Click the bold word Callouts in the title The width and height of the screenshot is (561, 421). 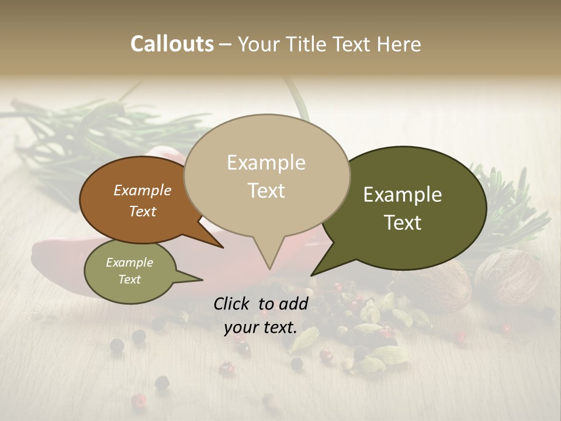[172, 44]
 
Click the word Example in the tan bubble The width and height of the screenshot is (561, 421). [266, 163]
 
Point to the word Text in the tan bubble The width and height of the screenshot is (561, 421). [266, 191]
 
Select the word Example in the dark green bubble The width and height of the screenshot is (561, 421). [403, 195]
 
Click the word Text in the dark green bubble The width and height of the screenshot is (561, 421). [403, 223]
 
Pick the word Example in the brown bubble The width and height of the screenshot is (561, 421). [142, 190]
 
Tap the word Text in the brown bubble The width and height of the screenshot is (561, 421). [142, 211]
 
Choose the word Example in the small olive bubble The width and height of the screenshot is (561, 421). [129, 263]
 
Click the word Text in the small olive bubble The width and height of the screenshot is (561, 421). [129, 279]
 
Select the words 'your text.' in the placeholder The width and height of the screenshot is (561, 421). [260, 327]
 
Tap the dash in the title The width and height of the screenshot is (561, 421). [226, 44]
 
